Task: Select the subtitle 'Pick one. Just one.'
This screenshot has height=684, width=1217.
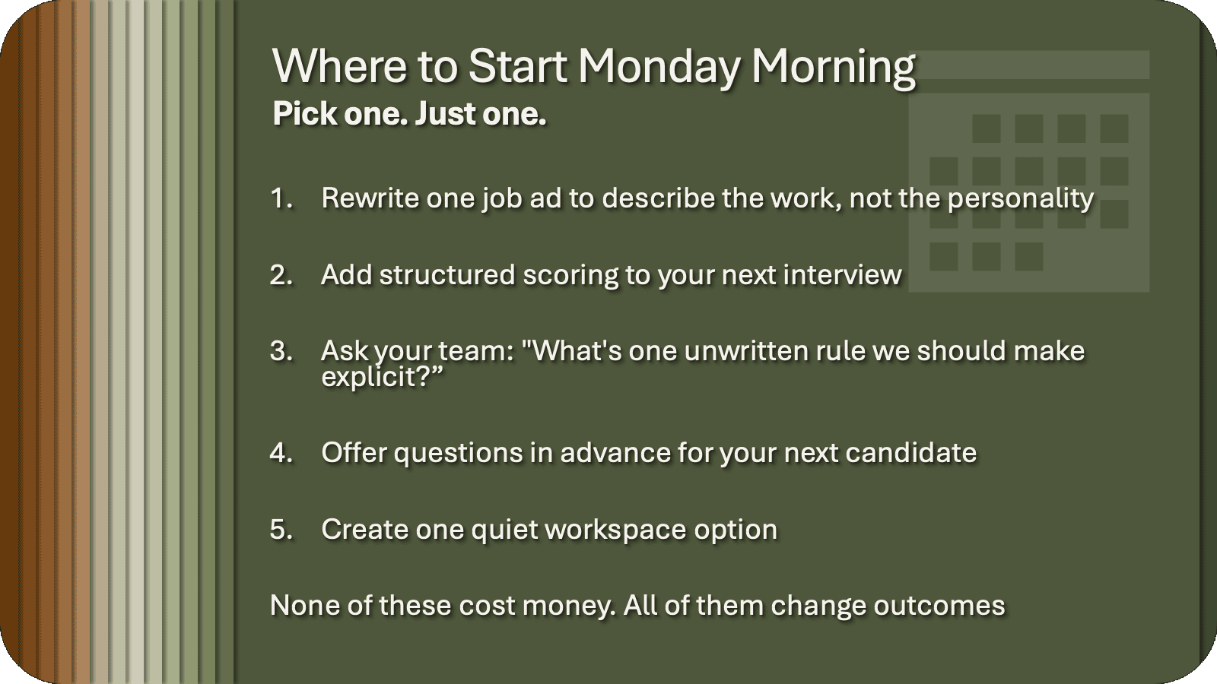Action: coord(409,114)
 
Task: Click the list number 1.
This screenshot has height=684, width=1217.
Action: coord(281,198)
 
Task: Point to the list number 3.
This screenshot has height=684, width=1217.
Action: coord(281,351)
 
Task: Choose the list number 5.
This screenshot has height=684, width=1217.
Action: coord(281,530)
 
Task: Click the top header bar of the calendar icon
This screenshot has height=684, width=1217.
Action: coord(1028,65)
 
